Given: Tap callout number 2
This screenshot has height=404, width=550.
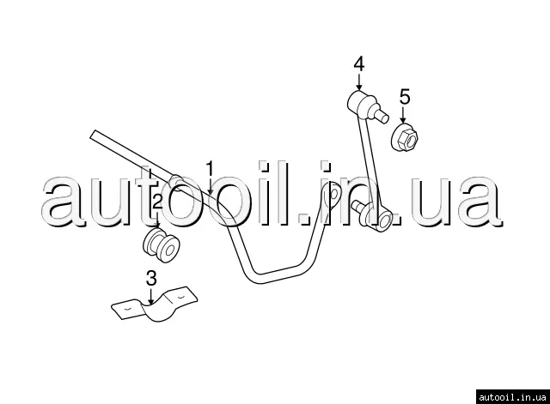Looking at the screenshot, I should coord(157,202).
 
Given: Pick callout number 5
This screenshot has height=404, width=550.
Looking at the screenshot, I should coord(405,95).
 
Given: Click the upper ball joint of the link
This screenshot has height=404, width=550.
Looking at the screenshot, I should coord(359,104).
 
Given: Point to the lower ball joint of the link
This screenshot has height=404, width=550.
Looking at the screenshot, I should coord(377,217).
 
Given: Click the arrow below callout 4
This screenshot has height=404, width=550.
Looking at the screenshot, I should coord(358,82).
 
